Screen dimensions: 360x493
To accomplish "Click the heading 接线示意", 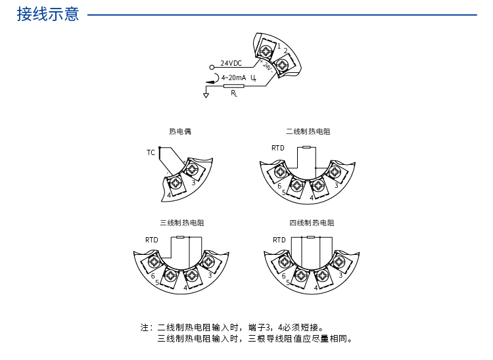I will (x=48, y=14).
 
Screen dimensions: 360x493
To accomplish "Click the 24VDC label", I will (x=231, y=63).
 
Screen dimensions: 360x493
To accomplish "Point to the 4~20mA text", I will (x=234, y=78).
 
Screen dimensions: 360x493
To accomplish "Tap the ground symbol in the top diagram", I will (x=206, y=96).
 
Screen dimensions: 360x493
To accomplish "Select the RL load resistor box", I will (x=234, y=85).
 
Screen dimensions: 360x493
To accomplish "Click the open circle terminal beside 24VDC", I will (x=212, y=67).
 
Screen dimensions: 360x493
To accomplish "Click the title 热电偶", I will (x=180, y=131).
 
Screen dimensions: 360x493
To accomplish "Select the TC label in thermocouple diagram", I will (x=151, y=152).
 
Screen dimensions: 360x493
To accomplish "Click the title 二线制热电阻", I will (x=308, y=131).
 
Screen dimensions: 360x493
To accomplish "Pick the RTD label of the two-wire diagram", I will (x=278, y=148).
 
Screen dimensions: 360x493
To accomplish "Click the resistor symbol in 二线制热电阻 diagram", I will (x=306, y=147).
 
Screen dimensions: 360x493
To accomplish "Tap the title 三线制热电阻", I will (x=181, y=223).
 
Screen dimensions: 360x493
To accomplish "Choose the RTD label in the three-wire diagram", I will (x=152, y=240).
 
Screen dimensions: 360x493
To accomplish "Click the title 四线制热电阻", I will (x=312, y=223).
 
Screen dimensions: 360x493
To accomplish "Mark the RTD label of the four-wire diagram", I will (x=279, y=240).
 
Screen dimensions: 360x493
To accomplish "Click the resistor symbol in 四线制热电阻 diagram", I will (x=310, y=236).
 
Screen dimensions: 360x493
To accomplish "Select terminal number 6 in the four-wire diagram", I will (x=283, y=277).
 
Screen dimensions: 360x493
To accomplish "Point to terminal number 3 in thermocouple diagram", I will (x=193, y=183).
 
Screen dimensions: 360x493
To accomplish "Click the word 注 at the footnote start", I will (x=144, y=327).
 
